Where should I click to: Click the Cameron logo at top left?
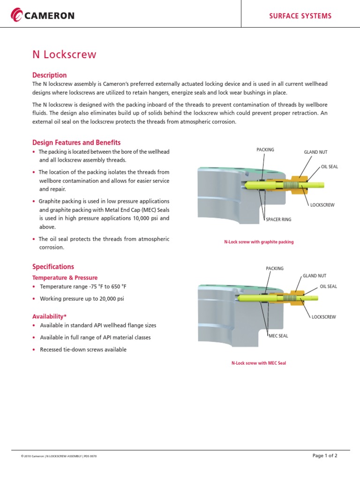pos(43,15)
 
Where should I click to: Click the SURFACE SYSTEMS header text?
pos(300,16)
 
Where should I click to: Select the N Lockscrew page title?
pos(64,54)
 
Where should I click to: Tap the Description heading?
pos(49,75)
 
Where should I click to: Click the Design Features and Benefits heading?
pos(76,142)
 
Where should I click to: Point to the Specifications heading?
pos(53,267)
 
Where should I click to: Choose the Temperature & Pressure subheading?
pos(65,277)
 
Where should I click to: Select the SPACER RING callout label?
pos(278,219)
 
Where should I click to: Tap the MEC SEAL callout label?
pos(278,336)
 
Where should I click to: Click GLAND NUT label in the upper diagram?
pos(315,152)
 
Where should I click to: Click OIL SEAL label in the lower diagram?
pos(328,286)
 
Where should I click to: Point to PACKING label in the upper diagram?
pos(265,150)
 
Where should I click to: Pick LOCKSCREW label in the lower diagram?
pos(323,317)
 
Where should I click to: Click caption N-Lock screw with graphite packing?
pos(259,242)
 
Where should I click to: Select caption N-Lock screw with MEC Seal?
pos(259,363)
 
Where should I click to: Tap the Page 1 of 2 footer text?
pos(324,456)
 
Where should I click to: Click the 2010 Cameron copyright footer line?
pos(59,456)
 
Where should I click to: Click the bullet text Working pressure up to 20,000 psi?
pos(82,299)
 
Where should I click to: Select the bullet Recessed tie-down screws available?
pos(83,350)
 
